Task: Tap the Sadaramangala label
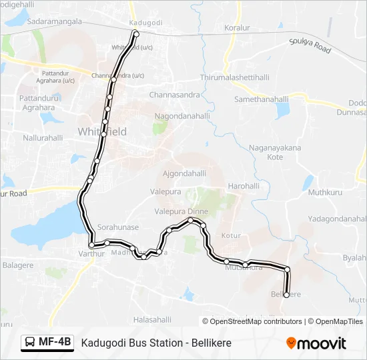[55, 21]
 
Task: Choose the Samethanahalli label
[260, 99]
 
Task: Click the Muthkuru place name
[325, 193]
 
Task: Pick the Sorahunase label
[118, 227]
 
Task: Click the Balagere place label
[19, 265]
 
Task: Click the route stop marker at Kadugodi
[136, 33]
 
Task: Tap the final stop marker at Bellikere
[286, 295]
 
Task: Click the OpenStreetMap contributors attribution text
[256, 321]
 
